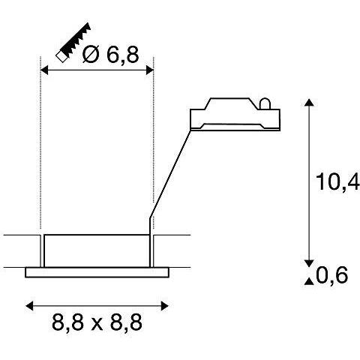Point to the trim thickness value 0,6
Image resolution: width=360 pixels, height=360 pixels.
332,277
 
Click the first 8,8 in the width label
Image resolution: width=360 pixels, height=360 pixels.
68,324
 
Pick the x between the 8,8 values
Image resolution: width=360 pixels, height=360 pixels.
97,325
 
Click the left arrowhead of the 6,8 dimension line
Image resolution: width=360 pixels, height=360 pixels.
43,70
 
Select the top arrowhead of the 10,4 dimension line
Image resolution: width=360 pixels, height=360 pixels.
308,103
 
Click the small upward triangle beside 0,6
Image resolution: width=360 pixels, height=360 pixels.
307,281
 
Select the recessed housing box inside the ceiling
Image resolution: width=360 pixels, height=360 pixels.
96,251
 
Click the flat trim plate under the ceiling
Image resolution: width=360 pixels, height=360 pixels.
96,273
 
